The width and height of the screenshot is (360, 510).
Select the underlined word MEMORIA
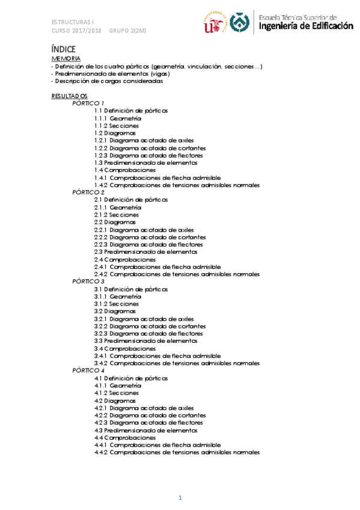pyautogui.click(x=66, y=58)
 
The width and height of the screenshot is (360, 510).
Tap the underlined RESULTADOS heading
pyautogui.click(x=70, y=96)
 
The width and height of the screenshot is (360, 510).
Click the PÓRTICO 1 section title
pyautogui.click(x=88, y=103)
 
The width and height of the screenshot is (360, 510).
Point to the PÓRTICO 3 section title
pyautogui.click(x=88, y=281)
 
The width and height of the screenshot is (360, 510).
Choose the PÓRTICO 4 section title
pyautogui.click(x=88, y=370)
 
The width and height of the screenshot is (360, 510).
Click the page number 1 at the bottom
pyautogui.click(x=179, y=497)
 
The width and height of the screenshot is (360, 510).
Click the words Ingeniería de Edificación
pyautogui.click(x=306, y=26)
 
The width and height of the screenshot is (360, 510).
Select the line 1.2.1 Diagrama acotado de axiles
pyautogui.click(x=144, y=141)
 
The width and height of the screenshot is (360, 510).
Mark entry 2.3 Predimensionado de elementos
pyautogui.click(x=145, y=252)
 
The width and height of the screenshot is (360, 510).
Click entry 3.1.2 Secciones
pyautogui.click(x=117, y=304)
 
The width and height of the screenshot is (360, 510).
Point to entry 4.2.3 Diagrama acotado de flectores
pyautogui.click(x=148, y=423)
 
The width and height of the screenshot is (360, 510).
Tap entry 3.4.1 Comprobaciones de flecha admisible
pyautogui.click(x=157, y=356)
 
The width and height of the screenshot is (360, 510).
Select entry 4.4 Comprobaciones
pyautogui.click(x=121, y=438)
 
